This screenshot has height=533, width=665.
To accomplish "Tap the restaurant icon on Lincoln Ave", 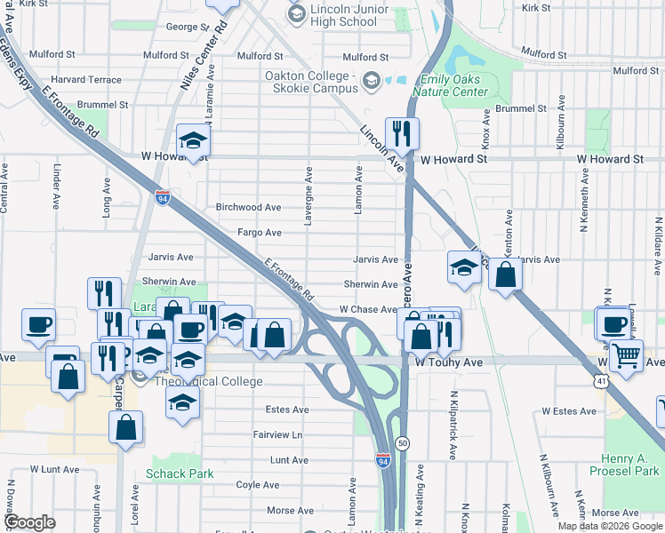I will [402, 134].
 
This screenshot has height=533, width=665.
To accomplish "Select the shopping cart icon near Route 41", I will [627, 357].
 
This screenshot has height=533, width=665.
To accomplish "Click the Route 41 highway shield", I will [601, 381].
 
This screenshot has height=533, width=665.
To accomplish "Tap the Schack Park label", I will [182, 473].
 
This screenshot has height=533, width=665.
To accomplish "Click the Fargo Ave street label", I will [260, 233].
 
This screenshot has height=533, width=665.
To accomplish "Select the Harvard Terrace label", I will [86, 80].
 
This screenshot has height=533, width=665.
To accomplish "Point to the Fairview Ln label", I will [277, 435].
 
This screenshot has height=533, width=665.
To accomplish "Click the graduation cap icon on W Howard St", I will [193, 140].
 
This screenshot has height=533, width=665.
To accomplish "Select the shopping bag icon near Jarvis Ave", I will [505, 275].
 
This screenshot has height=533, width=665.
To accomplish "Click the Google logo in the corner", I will [29, 522].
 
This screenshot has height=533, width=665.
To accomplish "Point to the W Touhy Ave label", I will [448, 362].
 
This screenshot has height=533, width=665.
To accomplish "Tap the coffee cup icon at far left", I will [38, 325].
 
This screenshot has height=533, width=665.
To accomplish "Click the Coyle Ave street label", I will [259, 485].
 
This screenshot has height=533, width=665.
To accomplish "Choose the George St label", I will [187, 28].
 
